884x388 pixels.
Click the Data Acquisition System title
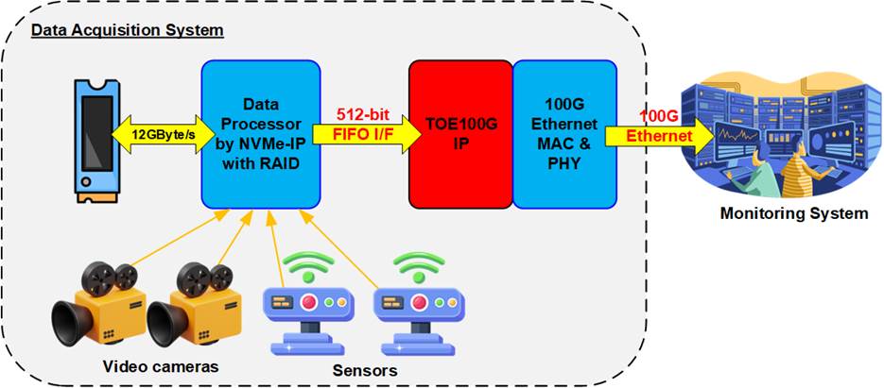click(128, 30)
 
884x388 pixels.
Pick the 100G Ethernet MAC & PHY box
click(564, 134)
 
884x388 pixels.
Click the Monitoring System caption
click(793, 213)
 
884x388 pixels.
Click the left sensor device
click(305, 310)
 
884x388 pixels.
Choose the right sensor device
click(417, 310)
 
